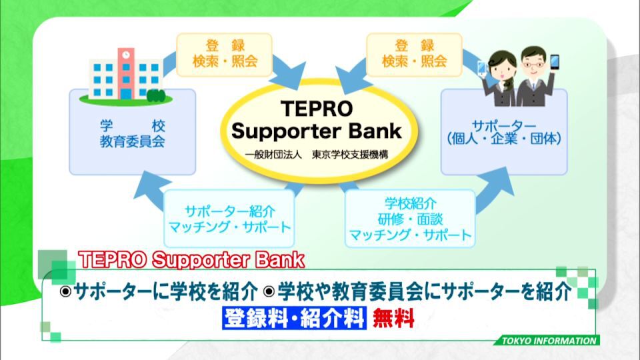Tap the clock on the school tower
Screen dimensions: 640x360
click(126, 55)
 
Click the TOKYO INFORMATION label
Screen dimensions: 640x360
click(549, 341)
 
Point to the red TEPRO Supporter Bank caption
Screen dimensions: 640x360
click(191, 260)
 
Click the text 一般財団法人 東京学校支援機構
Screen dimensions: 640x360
click(317, 155)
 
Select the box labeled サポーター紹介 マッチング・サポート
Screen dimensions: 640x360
click(229, 219)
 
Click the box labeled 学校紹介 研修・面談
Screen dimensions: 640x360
click(410, 219)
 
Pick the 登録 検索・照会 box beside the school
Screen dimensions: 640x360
click(225, 55)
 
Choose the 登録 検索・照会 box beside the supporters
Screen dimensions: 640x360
click(414, 55)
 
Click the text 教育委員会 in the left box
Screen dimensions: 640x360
click(133, 141)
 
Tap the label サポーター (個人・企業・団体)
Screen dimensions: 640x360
click(504, 132)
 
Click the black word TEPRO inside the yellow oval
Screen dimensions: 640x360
click(317, 109)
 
